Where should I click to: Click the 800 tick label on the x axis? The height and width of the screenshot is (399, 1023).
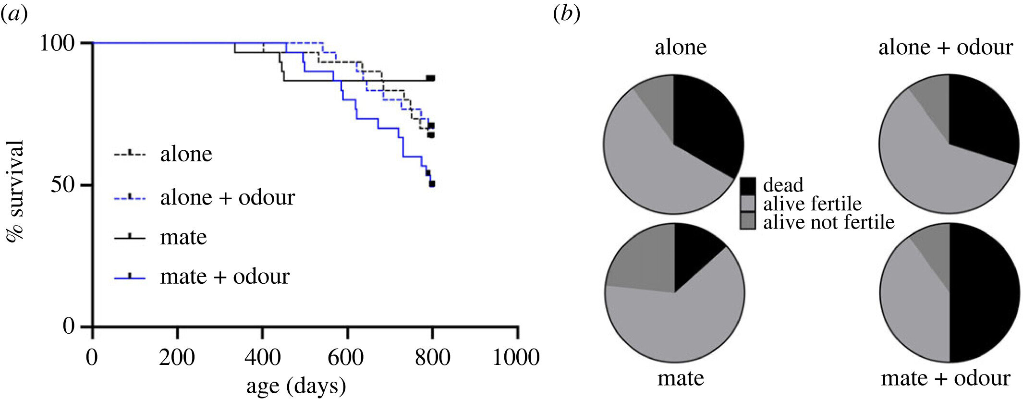432,358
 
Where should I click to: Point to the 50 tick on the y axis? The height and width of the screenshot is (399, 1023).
63,185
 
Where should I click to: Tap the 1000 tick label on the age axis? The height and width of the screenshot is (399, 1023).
516,358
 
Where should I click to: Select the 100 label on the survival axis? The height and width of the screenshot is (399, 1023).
57,43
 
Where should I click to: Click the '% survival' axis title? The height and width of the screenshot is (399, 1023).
15,191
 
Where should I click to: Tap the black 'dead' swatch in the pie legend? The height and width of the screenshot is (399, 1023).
748,185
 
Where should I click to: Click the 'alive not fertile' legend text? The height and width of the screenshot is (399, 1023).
828,222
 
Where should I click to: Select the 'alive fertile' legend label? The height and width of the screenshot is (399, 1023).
812,204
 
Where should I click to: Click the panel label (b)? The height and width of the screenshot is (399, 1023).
566,14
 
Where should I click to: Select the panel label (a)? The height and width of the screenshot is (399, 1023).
14,14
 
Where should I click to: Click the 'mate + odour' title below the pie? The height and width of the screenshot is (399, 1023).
945,378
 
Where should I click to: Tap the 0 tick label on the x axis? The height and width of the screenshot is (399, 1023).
92,358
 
